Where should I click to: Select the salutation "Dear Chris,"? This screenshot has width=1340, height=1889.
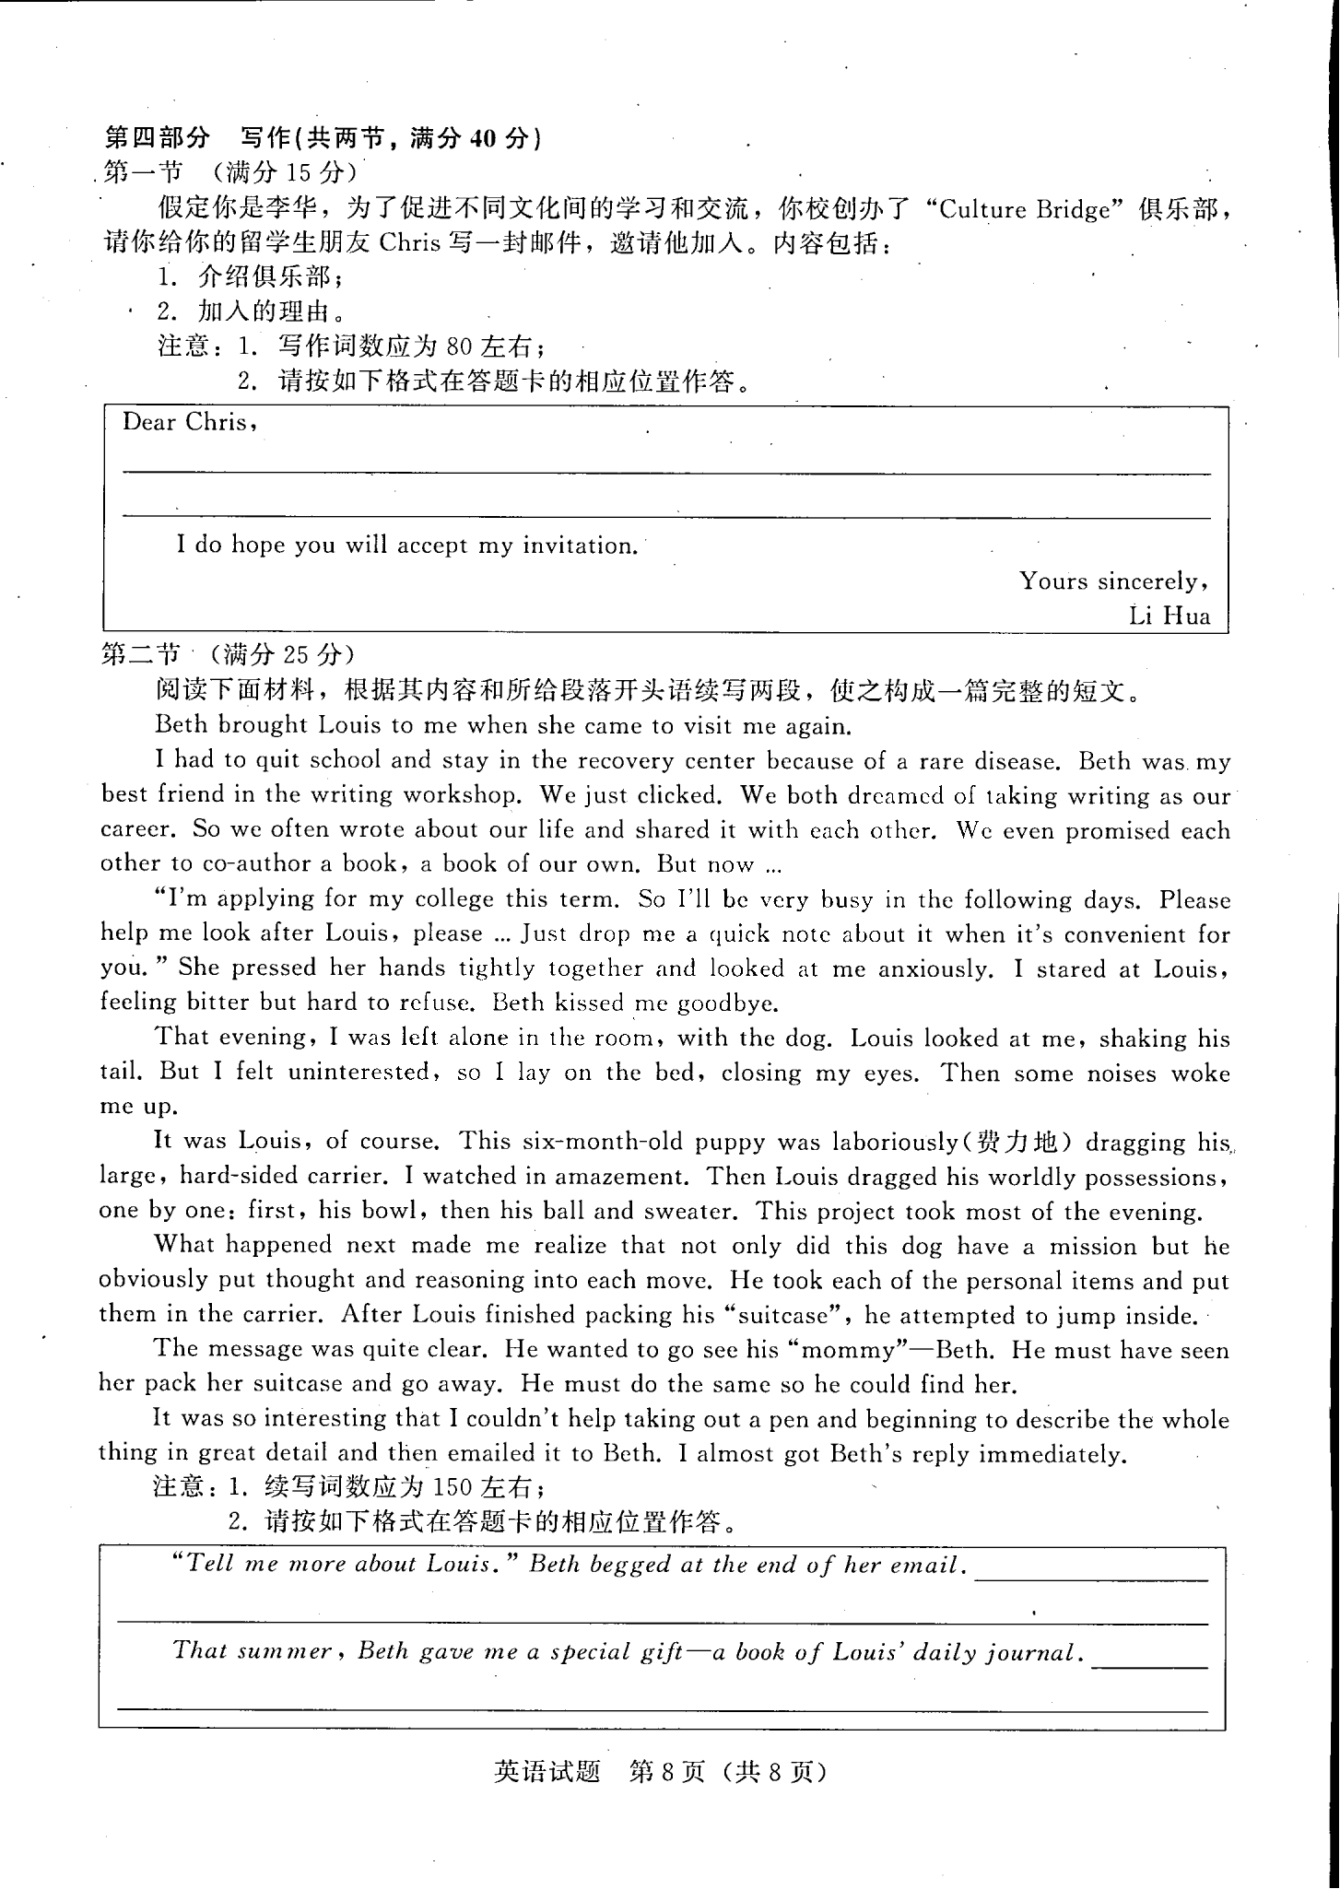(x=189, y=423)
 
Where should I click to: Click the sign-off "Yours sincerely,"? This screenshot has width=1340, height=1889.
(x=1113, y=581)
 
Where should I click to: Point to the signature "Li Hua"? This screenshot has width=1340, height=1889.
(x=1170, y=616)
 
